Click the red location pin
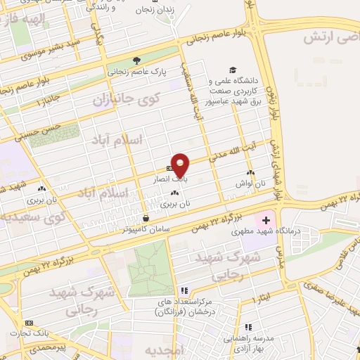181,165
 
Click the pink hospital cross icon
265,221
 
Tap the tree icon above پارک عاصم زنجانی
136,60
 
